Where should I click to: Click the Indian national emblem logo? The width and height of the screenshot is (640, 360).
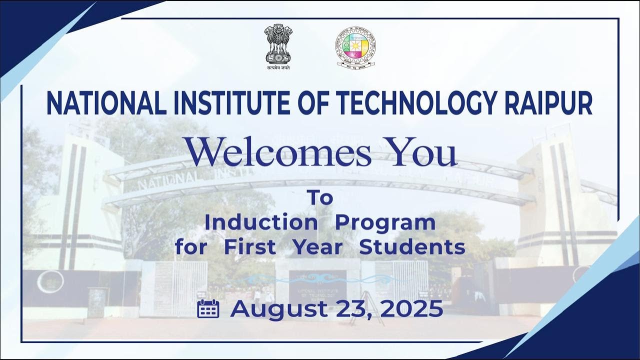278,44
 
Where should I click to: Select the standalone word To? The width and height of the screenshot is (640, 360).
320,198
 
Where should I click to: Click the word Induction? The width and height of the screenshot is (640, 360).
260,222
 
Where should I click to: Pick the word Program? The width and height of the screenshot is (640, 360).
385,223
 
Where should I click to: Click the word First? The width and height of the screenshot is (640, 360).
249,247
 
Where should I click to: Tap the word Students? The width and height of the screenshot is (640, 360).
412,247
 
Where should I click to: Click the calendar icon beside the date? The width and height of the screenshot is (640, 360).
208,309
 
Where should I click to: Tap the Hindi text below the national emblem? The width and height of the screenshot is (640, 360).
278,67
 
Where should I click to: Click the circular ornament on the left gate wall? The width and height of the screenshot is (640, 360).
50,281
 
